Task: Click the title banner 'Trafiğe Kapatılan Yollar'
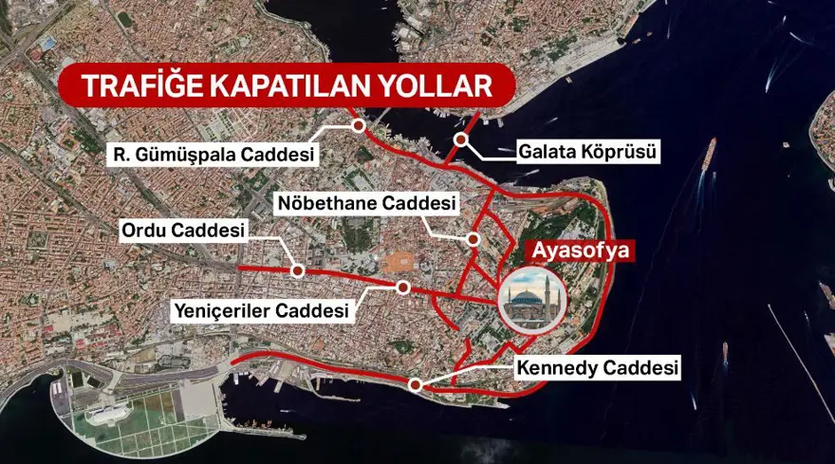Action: [287, 84]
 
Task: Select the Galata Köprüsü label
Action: [588, 151]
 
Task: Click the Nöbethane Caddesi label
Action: [367, 203]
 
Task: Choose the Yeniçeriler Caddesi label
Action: [261, 309]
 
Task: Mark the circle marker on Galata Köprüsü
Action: [460, 140]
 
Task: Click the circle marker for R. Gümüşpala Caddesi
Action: [359, 125]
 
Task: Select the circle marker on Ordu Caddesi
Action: [297, 270]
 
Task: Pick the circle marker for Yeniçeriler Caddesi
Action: [403, 287]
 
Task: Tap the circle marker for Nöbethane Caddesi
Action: [472, 238]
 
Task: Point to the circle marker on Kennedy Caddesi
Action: [416, 384]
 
